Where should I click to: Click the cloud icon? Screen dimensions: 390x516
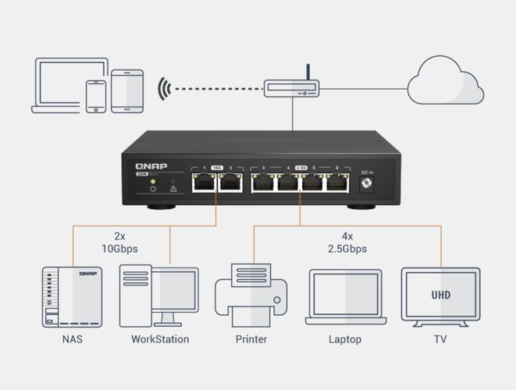[446, 82]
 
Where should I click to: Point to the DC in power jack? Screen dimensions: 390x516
[363, 183]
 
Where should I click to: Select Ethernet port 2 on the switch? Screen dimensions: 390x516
[230, 183]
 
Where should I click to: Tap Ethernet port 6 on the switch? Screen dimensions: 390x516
[337, 183]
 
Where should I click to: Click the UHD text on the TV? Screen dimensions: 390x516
[440, 296]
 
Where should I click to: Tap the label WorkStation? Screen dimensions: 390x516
[159, 339]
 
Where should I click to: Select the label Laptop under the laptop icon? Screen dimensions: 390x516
[344, 339]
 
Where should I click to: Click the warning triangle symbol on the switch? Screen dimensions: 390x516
[173, 188]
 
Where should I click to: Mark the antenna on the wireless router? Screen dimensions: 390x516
[308, 73]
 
